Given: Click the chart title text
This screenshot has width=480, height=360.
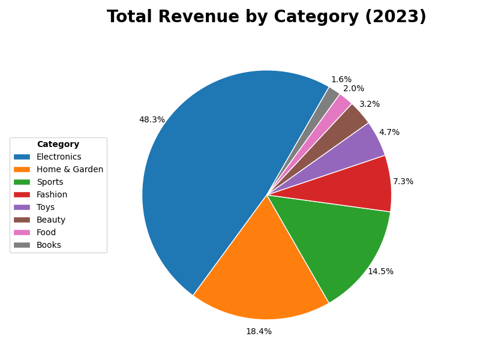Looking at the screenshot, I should [266, 17].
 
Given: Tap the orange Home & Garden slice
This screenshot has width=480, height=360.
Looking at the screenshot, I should [258, 270].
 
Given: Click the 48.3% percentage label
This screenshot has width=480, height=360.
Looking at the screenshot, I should [152, 120].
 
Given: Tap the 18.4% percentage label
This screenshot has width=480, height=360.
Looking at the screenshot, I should [259, 332].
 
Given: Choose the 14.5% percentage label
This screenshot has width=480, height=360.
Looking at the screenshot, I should [380, 272].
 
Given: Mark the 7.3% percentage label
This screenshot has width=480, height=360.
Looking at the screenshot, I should [403, 182].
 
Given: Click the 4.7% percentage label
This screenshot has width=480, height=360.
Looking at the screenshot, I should [389, 133].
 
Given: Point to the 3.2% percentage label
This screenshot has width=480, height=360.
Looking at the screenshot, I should [370, 104].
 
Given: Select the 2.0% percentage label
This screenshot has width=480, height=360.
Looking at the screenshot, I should [353, 89].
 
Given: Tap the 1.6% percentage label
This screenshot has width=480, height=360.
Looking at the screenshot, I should [341, 80].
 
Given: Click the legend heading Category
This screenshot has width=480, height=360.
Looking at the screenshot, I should [58, 145].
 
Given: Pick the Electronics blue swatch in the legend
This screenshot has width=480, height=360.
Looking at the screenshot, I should [22, 157].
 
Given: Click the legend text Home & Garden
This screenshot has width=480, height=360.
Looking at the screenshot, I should [70, 170].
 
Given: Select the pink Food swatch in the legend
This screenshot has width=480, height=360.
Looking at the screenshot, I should [22, 233].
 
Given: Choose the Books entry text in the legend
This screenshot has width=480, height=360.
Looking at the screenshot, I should [49, 245].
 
